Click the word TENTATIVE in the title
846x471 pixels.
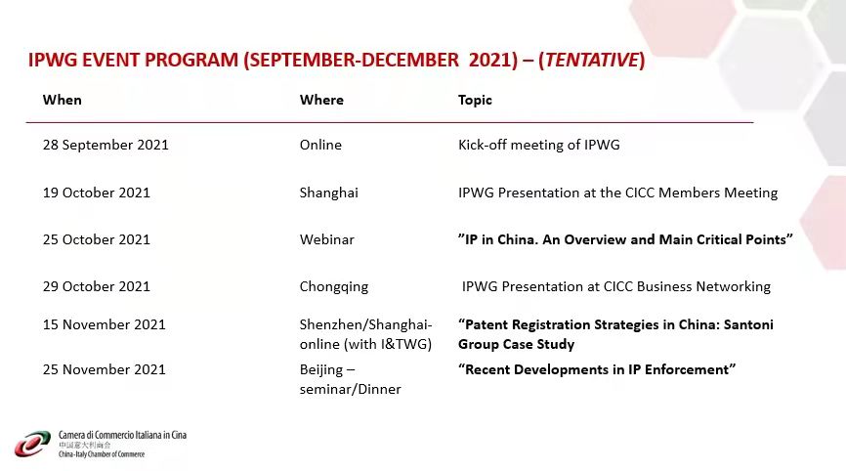(591, 60)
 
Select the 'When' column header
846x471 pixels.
(63, 100)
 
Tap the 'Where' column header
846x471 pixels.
(321, 100)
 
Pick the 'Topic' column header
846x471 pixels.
(475, 100)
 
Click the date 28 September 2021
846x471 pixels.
(106, 145)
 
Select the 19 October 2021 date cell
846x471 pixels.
(97, 193)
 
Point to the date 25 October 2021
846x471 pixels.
(97, 239)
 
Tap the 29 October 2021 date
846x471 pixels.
(97, 286)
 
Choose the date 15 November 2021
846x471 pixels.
(105, 324)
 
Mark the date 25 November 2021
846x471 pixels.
(105, 369)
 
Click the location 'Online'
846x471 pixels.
(320, 145)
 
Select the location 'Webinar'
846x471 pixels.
(327, 239)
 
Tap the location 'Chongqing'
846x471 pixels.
(334, 287)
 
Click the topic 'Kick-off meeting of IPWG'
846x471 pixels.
(539, 145)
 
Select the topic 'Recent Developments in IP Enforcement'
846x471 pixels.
(597, 369)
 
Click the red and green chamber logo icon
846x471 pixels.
(32, 444)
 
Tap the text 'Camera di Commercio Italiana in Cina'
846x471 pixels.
(122, 435)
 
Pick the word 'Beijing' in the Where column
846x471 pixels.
(321, 370)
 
